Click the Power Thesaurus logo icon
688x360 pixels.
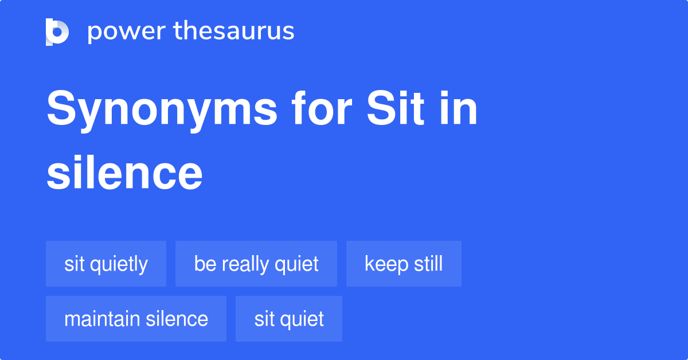[x=57, y=32]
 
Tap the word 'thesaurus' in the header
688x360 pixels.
[x=233, y=32]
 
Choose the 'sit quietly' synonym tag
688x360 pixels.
[x=106, y=264]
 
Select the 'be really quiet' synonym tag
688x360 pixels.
[x=256, y=264]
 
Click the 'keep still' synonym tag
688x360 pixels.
[x=404, y=264]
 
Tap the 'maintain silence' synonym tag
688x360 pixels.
[x=136, y=319]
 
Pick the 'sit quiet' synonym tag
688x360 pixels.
[x=289, y=319]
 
